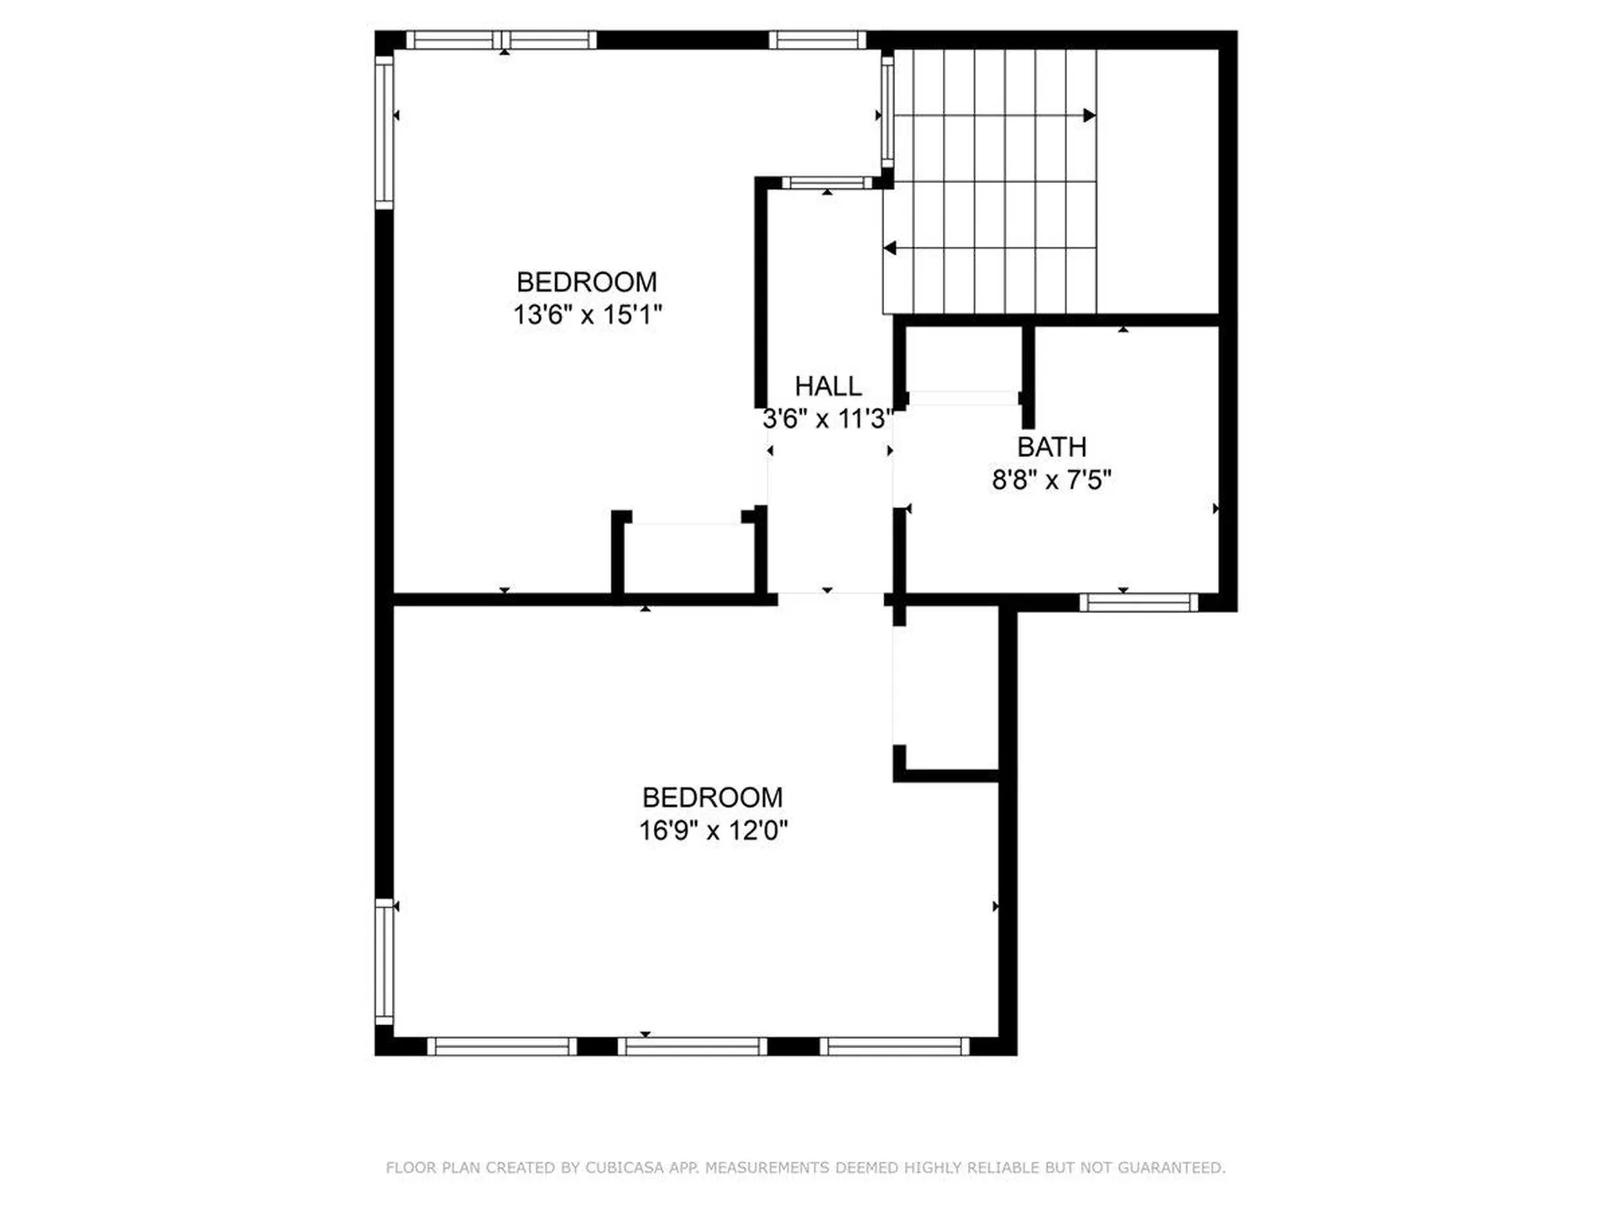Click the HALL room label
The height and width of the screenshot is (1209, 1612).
(828, 386)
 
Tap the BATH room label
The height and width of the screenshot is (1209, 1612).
(1051, 447)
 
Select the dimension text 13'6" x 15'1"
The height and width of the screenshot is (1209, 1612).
(587, 315)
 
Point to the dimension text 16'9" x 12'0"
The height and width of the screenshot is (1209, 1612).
(713, 830)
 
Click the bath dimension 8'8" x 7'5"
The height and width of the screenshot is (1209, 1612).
(1051, 479)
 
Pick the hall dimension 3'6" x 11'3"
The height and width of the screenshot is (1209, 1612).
(827, 418)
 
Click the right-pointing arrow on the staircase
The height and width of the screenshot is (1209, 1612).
(1089, 115)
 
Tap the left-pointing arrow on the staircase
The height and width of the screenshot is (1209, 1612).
(890, 249)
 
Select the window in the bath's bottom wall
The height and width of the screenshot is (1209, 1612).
(1138, 602)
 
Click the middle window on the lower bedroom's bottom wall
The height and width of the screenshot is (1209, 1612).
(693, 1046)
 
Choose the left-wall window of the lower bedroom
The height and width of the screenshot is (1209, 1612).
(384, 961)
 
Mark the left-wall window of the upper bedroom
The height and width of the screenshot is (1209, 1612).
(384, 133)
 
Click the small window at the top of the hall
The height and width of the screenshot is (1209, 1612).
(827, 183)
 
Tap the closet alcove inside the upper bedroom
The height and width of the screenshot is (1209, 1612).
(688, 558)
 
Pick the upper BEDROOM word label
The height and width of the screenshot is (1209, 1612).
(586, 282)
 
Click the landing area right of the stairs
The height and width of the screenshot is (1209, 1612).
(1157, 181)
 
